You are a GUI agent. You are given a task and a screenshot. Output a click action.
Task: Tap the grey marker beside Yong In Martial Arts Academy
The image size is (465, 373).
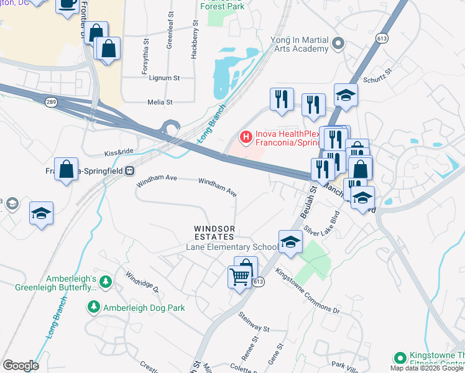(x=338, y=44)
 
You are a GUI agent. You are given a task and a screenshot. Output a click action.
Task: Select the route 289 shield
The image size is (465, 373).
(x=50, y=100)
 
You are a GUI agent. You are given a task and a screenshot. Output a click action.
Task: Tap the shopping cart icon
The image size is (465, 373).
(x=240, y=277)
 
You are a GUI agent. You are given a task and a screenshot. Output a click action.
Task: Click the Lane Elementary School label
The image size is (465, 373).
(x=232, y=247)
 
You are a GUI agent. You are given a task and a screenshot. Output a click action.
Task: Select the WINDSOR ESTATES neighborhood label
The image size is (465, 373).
(x=213, y=233)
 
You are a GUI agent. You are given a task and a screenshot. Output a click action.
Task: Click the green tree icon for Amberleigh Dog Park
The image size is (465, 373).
(x=93, y=306)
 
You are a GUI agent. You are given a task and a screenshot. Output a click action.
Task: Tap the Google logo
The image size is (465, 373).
(x=21, y=366)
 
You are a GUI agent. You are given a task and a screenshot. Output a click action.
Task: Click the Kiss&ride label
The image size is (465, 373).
(x=119, y=152)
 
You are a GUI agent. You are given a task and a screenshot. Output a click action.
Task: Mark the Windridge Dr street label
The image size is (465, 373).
(x=142, y=282)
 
